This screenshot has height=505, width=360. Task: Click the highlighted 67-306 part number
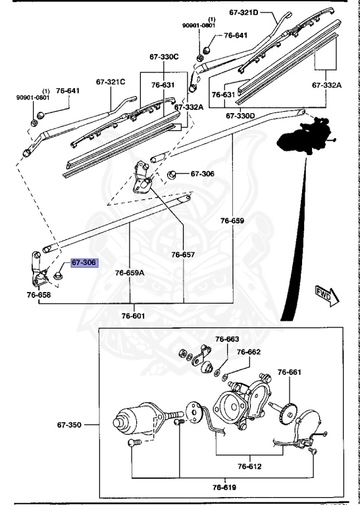[84, 262]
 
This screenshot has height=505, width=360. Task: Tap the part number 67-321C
[111, 82]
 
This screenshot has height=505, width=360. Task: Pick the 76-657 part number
[184, 254]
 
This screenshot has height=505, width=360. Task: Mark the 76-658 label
[39, 295]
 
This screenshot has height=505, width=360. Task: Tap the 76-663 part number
[228, 339]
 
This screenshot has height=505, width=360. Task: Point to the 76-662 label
[249, 352]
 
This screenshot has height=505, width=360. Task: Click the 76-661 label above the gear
[289, 373]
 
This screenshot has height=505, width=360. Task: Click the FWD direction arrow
[326, 293]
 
